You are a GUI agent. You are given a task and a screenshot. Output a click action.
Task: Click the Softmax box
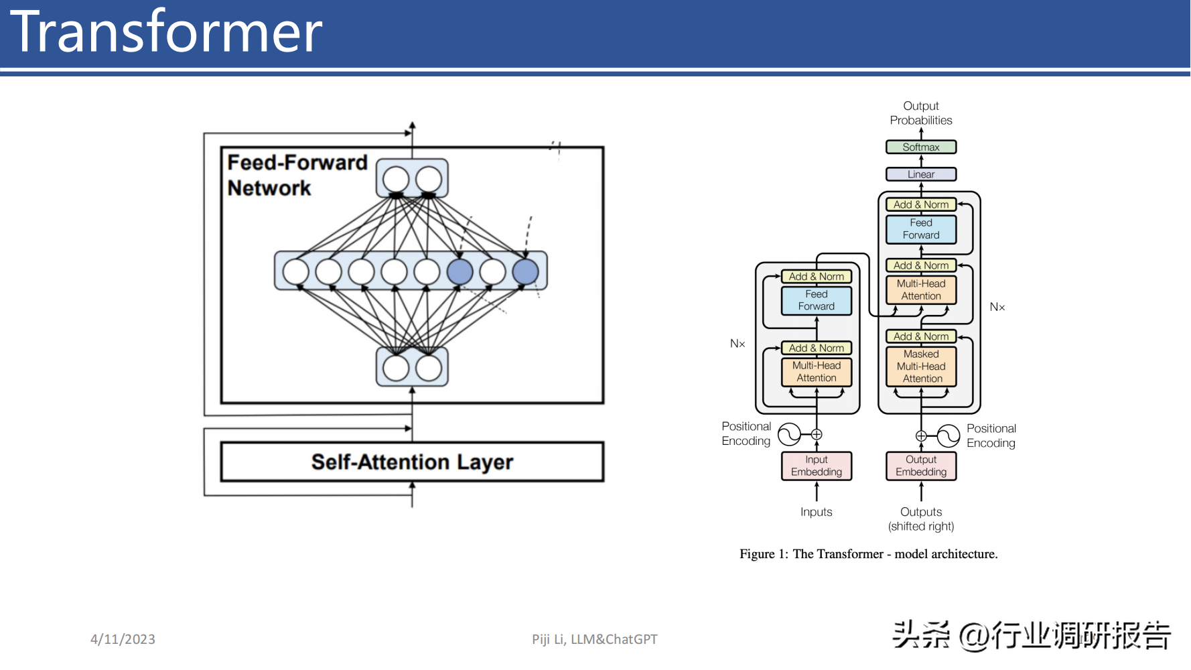921,147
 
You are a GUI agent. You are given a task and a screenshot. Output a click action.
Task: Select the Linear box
921,174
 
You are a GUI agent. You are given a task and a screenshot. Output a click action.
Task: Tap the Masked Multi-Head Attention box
921,366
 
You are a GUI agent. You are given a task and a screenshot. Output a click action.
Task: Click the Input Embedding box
817,466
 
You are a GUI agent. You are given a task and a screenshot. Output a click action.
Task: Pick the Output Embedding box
921,466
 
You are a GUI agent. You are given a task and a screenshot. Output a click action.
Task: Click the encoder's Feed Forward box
817,300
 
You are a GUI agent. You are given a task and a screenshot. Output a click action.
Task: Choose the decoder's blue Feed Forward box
921,229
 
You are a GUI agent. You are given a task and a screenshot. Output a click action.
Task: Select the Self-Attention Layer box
412,462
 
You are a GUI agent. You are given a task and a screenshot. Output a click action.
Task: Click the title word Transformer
166,31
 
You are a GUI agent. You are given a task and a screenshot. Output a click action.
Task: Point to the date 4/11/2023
123,639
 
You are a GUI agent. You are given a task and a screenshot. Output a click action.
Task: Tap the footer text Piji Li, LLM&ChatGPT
595,639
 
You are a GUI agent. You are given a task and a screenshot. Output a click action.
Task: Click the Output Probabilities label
921,113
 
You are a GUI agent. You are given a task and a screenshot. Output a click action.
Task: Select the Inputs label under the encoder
817,512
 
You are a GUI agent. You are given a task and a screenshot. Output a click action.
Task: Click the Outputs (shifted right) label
921,519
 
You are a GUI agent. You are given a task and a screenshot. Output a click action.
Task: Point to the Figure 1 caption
869,554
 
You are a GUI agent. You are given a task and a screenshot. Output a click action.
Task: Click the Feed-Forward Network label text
297,175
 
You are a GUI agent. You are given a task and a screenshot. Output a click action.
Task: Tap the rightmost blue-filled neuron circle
525,272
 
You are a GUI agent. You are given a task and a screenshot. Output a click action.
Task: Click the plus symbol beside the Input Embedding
817,434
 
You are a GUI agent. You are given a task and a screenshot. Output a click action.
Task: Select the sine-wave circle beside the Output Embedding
949,436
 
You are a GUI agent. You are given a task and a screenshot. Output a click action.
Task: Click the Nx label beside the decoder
997,307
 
